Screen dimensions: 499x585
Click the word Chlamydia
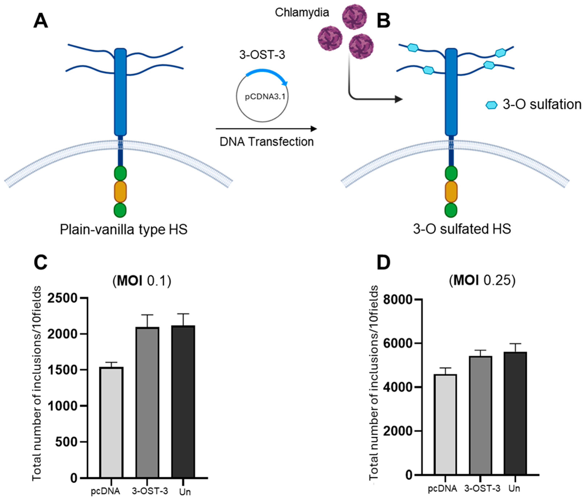click(x=302, y=12)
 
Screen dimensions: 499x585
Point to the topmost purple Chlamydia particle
click(x=354, y=16)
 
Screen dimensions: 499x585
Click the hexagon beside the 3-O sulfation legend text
click(x=491, y=105)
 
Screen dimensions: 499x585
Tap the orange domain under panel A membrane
click(x=120, y=192)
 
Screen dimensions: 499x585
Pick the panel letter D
click(x=384, y=262)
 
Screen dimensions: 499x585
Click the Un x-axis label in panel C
click(x=185, y=492)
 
